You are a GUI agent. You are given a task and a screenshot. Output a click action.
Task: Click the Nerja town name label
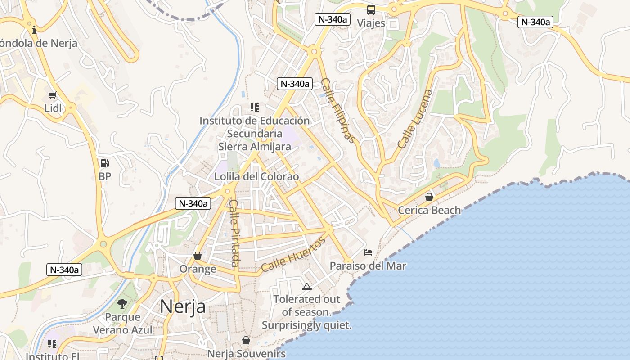[x=183, y=306]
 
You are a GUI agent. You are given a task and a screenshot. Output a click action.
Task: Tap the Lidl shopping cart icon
[x=53, y=95]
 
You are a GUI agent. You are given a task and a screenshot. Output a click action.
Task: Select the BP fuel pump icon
[x=104, y=163]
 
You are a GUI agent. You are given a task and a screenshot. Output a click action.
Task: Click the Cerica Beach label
[x=429, y=210]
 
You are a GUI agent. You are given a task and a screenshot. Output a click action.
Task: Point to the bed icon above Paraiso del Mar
[x=368, y=252]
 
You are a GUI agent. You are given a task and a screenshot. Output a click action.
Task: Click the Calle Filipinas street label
[x=338, y=110]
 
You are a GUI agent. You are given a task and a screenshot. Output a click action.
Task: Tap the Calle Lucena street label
[x=415, y=119]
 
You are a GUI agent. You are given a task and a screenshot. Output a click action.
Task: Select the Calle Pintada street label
[x=234, y=233]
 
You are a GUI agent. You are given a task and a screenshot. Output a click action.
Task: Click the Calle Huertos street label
[x=293, y=255]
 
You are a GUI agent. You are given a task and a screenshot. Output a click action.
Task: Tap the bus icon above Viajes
[x=371, y=9]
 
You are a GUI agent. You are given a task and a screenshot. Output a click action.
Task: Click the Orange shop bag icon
[x=198, y=256]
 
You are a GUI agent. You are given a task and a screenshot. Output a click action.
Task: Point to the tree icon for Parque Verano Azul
[x=122, y=304]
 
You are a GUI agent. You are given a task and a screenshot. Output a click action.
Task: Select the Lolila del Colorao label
[x=256, y=176]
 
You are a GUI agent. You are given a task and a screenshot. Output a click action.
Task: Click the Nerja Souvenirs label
[x=246, y=354]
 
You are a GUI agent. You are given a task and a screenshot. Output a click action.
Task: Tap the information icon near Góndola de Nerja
[x=34, y=30]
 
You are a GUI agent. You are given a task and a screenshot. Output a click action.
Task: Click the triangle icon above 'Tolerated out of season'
[x=306, y=286]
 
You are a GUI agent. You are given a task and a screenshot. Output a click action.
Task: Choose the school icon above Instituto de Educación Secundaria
[x=255, y=108]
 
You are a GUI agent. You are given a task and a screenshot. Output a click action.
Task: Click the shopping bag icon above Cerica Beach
[x=429, y=197]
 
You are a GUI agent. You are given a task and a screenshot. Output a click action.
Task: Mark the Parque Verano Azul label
[x=123, y=324]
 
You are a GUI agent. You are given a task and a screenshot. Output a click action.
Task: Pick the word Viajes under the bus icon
[x=371, y=23]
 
